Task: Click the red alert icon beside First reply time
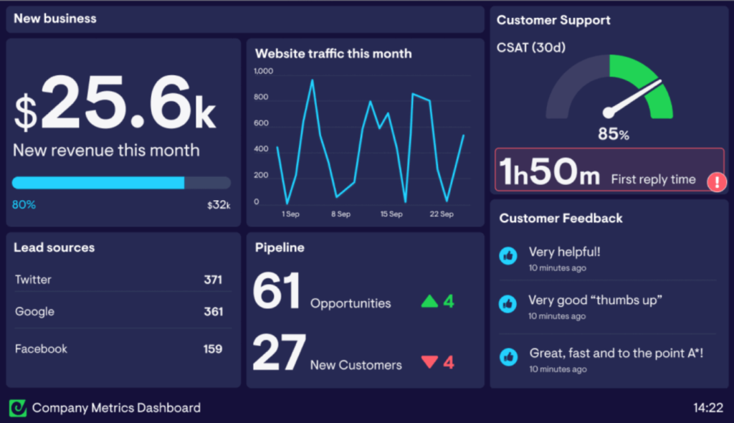[716, 181]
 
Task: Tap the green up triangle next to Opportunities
[429, 301]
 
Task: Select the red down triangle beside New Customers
[429, 362]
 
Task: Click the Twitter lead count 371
[213, 280]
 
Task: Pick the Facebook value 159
[213, 349]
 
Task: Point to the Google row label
[34, 312]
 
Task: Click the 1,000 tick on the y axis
[264, 71]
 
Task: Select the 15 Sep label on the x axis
[391, 214]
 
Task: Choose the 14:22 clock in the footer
[707, 408]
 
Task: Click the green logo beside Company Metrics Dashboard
[17, 408]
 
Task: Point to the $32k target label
[219, 205]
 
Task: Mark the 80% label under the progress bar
[24, 205]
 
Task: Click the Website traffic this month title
[333, 54]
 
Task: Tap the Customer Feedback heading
[561, 218]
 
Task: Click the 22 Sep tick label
[442, 214]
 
